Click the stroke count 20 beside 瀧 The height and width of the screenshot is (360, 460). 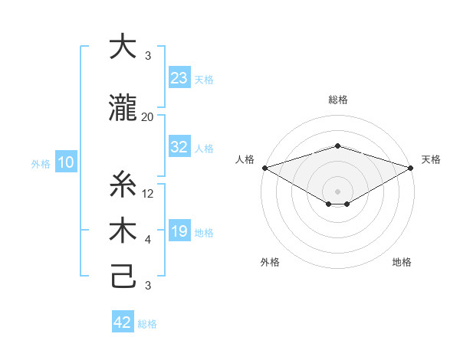[147, 116]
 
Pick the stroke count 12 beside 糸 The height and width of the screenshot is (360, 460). [149, 194]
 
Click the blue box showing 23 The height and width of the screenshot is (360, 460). [179, 78]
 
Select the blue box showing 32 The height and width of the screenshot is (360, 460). [179, 147]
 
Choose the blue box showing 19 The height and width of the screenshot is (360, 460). [179, 232]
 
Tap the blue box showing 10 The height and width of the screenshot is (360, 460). [66, 162]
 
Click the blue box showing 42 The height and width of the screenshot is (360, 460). [123, 322]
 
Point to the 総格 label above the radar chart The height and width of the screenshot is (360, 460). [337, 100]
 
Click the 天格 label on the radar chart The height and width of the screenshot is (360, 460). [431, 159]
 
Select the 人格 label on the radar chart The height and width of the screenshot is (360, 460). [245, 159]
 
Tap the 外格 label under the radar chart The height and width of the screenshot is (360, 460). [270, 262]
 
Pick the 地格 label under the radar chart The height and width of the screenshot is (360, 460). [402, 262]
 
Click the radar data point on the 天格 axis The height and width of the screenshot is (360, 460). [412, 167]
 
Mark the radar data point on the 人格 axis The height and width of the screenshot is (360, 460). [264, 167]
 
